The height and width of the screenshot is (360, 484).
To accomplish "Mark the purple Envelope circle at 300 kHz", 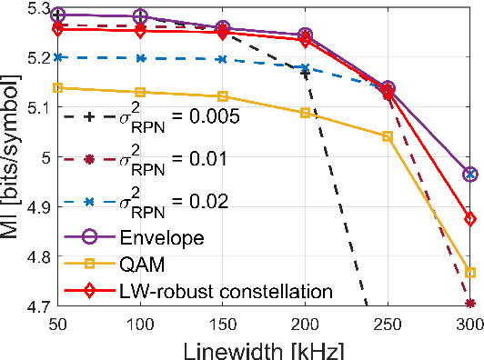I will tap(470, 174).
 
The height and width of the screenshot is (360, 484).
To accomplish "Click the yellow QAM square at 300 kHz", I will tap(470, 272).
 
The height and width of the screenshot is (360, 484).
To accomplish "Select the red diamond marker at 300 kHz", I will tap(470, 219).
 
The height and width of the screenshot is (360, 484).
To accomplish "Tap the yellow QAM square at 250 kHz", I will tap(388, 136).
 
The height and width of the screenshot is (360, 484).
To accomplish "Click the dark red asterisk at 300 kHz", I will tap(470, 304).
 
